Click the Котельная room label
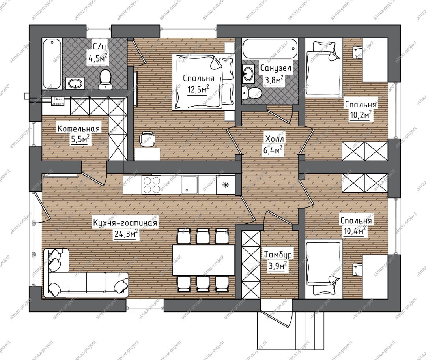(78, 128)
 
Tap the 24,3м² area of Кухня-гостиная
(126, 234)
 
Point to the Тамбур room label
(278, 255)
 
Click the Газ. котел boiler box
(58, 101)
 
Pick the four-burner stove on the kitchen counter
(151, 185)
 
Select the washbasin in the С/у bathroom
(75, 83)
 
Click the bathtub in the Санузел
(271, 49)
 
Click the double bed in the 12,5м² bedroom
(203, 82)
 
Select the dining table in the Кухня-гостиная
(204, 260)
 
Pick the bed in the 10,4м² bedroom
(323, 267)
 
